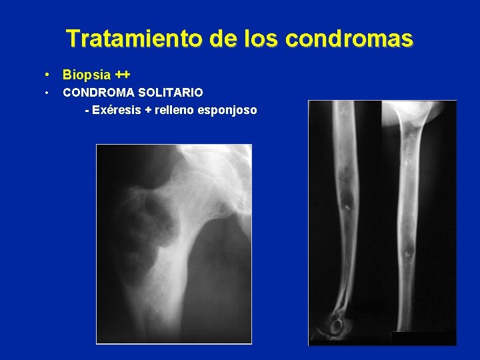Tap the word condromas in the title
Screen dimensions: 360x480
click(349, 39)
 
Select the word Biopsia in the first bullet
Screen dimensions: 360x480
click(87, 75)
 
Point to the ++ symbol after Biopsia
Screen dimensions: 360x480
click(122, 74)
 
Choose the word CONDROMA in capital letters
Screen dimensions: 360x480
click(97, 92)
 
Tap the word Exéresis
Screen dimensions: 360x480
click(117, 110)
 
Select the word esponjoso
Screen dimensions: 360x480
click(227, 110)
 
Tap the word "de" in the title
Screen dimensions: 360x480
click(223, 39)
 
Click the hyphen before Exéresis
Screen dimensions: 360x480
click(87, 110)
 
